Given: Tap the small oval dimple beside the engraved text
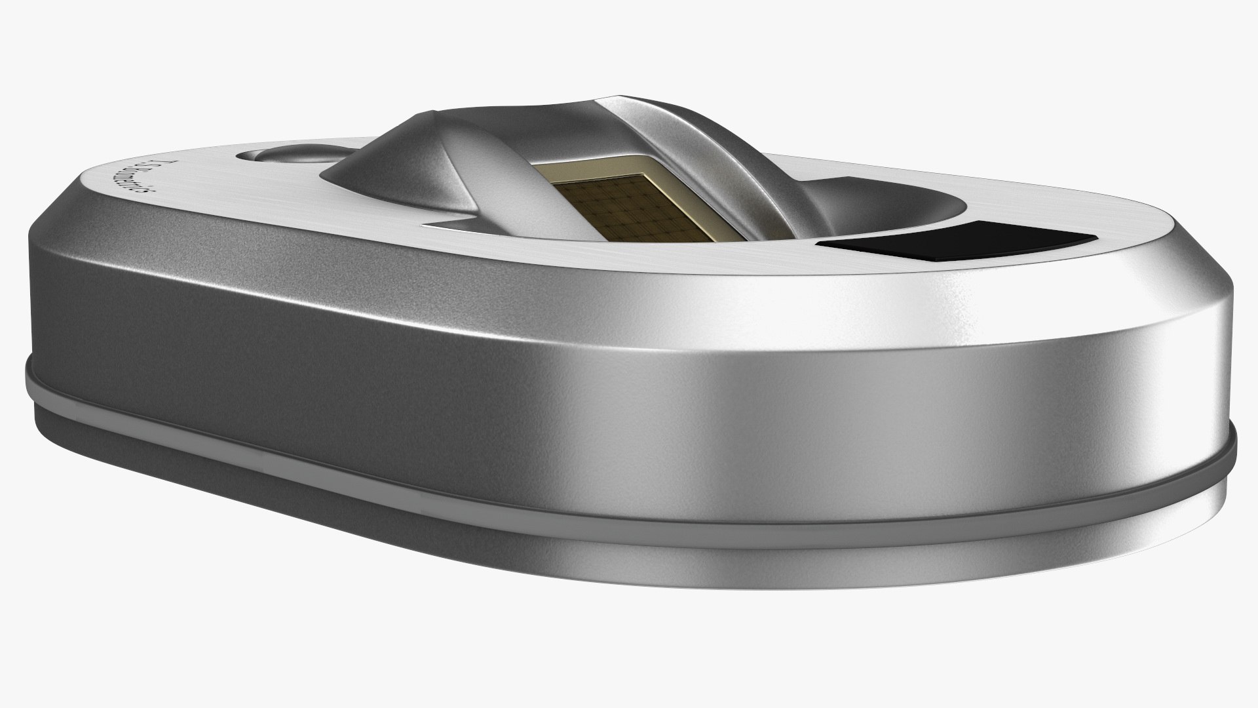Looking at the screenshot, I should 278,156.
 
